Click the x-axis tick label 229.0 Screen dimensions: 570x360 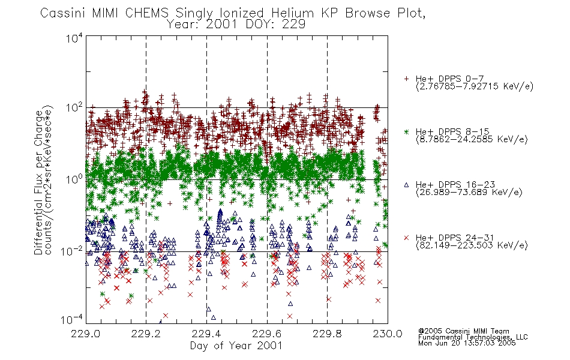coord(86,334)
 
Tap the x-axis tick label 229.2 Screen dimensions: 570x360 coord(146,334)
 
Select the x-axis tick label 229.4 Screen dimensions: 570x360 coord(206,334)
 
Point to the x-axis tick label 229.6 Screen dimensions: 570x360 coord(267,334)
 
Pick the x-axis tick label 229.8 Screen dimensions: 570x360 coord(327,334)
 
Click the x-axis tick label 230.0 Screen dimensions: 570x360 coord(388,334)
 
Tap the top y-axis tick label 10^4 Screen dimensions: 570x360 coord(74,38)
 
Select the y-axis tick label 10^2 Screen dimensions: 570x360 coord(74,108)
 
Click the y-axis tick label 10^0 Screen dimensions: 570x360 coord(74,179)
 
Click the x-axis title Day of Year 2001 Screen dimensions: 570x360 coord(236,346)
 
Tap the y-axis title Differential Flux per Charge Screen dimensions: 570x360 coord(38,182)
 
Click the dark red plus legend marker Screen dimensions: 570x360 coord(406,79)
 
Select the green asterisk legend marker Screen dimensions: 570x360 coord(406,131)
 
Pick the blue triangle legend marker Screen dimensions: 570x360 coord(406,185)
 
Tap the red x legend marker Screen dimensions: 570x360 coord(406,238)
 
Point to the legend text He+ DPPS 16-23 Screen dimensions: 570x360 coord(455,185)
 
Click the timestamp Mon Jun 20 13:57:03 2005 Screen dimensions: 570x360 coord(467,343)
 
